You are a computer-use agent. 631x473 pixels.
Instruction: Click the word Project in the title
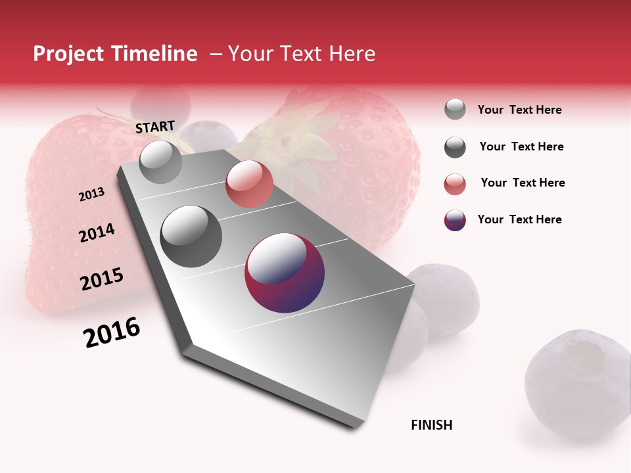68,54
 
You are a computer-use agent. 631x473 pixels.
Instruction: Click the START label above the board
155,127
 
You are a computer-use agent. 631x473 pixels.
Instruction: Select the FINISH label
432,425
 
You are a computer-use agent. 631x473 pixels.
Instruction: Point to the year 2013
91,194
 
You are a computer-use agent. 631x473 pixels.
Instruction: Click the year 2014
97,233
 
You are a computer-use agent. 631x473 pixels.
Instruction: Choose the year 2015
102,279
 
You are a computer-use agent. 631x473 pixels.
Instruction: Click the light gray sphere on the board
161,162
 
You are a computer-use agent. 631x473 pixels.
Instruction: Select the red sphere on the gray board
249,184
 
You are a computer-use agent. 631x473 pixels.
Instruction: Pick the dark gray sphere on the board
191,236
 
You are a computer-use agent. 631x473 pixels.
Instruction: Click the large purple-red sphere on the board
285,273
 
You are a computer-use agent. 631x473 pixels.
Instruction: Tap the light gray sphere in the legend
455,109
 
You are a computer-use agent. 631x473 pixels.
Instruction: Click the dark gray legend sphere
455,147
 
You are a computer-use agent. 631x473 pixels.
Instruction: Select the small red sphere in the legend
455,184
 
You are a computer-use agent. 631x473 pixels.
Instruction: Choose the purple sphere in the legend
455,220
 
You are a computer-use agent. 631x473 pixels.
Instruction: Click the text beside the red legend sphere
523,183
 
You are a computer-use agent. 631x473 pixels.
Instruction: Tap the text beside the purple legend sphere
519,219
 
